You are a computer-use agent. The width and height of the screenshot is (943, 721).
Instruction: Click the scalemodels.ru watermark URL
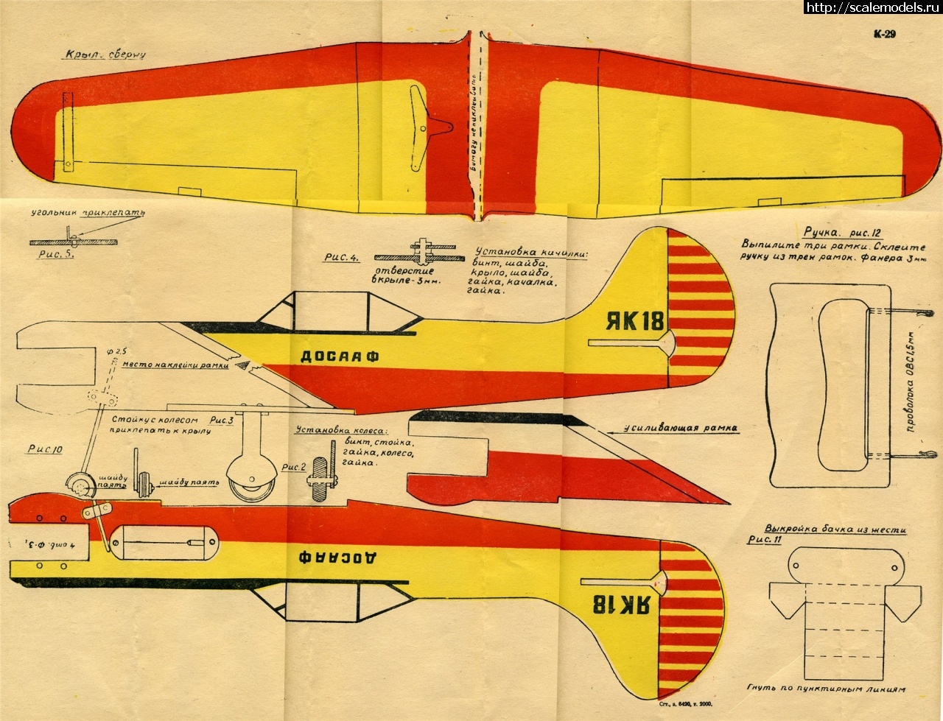[874, 8]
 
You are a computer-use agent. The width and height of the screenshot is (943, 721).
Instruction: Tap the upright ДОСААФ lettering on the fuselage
[340, 356]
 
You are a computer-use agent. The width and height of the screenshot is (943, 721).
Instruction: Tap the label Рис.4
[340, 258]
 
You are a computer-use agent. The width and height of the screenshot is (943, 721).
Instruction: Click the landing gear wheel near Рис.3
[245, 483]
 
